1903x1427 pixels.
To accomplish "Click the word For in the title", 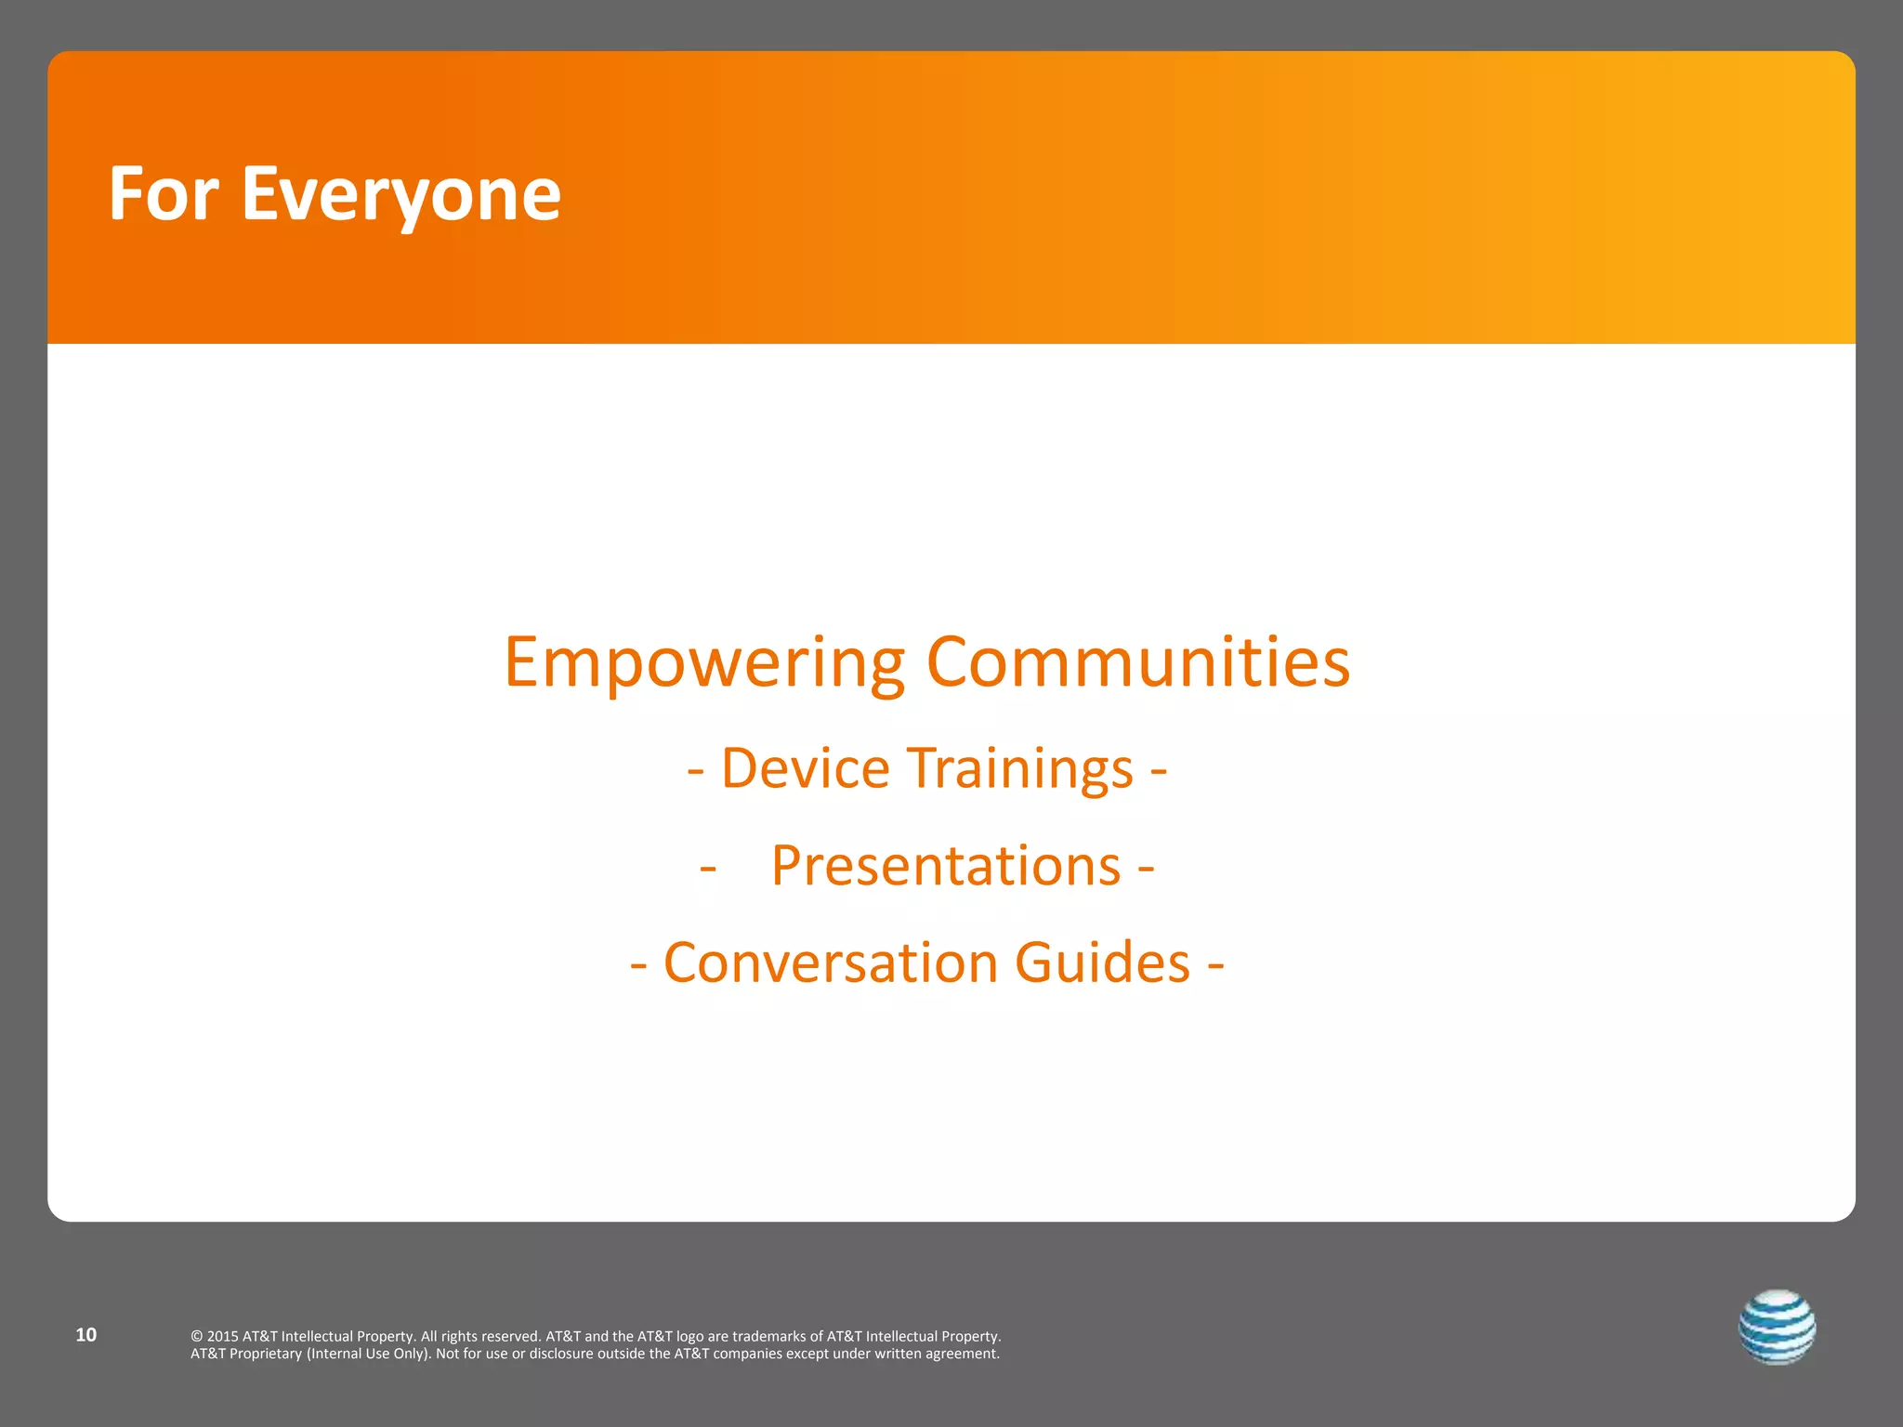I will (x=164, y=194).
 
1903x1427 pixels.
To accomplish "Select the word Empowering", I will (x=703, y=663).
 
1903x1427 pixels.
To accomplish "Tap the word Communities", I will (x=1138, y=661).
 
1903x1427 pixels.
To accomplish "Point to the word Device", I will (x=806, y=769).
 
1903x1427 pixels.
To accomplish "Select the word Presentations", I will (x=946, y=866).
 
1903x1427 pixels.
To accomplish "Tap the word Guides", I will (x=1102, y=962).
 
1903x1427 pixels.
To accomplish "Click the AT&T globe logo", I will (x=1777, y=1327).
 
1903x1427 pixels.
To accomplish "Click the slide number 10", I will (x=85, y=1335).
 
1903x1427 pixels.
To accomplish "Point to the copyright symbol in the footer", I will (x=196, y=1337).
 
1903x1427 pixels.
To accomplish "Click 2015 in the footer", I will (x=223, y=1337).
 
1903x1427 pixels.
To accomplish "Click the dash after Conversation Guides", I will (x=1215, y=964).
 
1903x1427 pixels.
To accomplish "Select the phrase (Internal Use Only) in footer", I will (x=369, y=1354).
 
